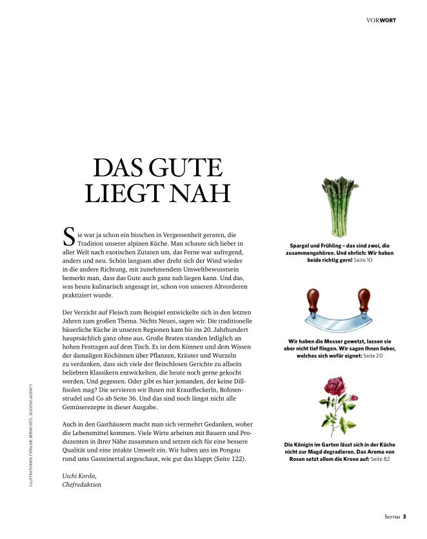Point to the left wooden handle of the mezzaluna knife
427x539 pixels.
click(x=315, y=302)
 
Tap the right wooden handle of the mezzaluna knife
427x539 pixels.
click(x=365, y=302)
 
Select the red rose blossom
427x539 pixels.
click(x=335, y=387)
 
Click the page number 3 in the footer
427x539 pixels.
click(x=404, y=516)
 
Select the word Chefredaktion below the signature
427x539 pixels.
click(x=82, y=484)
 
